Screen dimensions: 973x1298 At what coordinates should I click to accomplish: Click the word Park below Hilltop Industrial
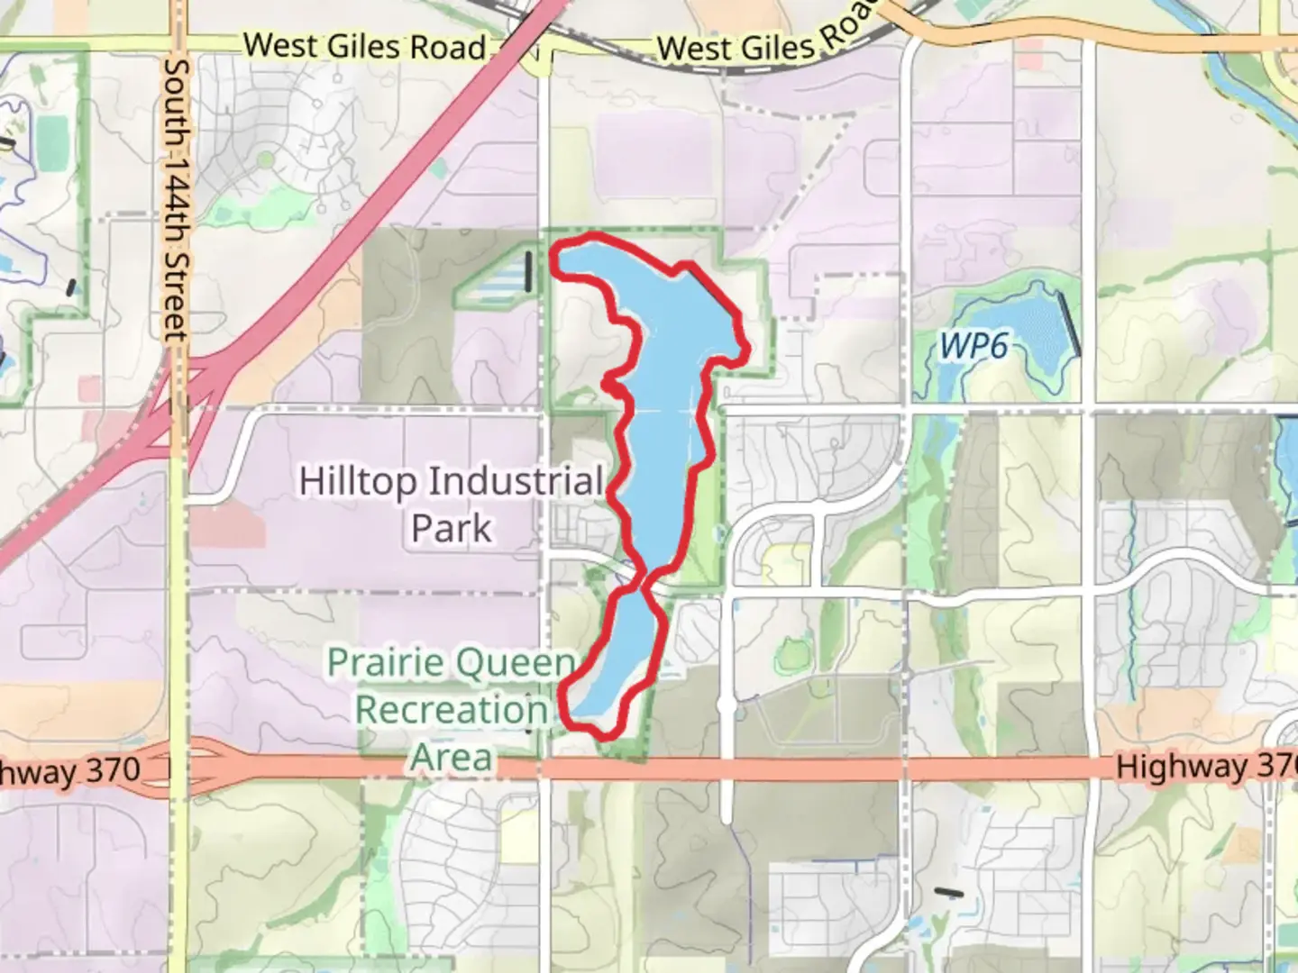pos(452,528)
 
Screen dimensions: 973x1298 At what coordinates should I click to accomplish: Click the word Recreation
pos(452,710)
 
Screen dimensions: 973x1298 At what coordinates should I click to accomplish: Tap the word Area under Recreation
pos(452,757)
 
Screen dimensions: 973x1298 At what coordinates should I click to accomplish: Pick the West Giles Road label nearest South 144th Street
pos(364,46)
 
